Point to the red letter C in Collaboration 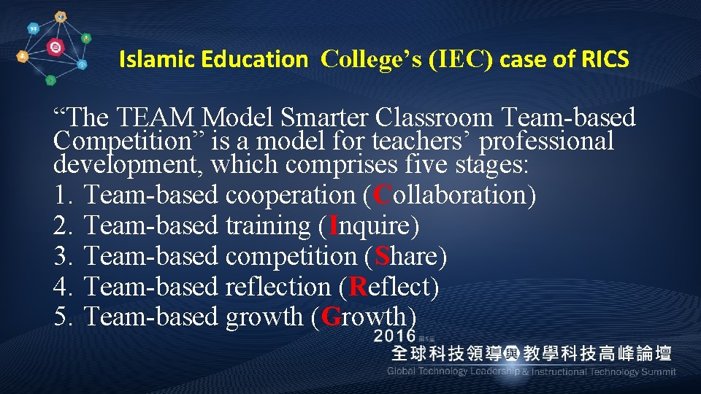tap(382, 196)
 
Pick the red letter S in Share tap(382, 257)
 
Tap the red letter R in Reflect tap(358, 287)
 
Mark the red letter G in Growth tap(331, 317)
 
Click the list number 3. tap(62, 257)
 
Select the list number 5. tap(62, 317)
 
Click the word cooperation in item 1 tap(290, 196)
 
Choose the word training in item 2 tap(268, 226)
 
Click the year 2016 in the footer tap(394, 336)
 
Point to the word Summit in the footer tap(658, 372)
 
